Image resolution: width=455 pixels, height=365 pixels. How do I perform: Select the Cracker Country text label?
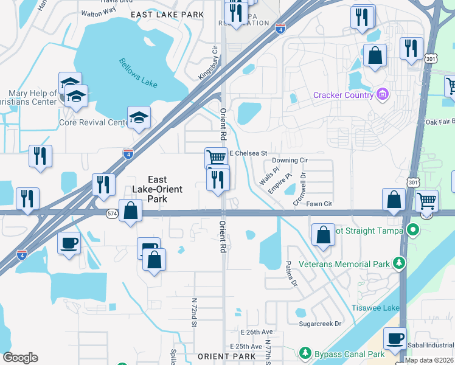pyautogui.click(x=343, y=94)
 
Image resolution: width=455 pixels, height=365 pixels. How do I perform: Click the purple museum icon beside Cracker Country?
pyautogui.click(x=383, y=94)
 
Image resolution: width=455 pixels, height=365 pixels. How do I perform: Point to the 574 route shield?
pyautogui.click(x=112, y=213)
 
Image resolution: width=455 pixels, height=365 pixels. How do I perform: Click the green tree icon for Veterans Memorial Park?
pyautogui.click(x=399, y=263)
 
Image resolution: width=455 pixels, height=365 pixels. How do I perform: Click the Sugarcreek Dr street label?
pyautogui.click(x=321, y=324)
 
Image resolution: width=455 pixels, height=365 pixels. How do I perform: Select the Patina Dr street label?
pyautogui.click(x=291, y=274)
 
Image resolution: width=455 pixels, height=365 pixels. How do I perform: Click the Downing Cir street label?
pyautogui.click(x=291, y=160)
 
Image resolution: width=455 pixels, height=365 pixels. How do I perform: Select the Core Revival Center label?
pyautogui.click(x=92, y=122)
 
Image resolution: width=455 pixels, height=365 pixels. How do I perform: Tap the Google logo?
pyautogui.click(x=20, y=358)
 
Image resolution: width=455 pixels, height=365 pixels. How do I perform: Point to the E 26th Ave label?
pyautogui.click(x=258, y=333)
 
